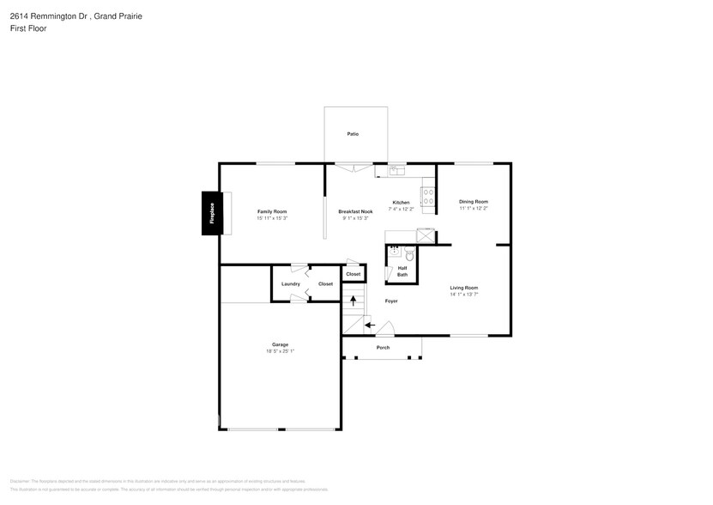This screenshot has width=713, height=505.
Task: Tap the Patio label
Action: tap(353, 134)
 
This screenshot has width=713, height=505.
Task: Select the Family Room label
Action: tap(272, 211)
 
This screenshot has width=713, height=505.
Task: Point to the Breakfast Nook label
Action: tap(355, 211)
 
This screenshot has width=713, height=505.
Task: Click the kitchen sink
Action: tap(397, 171)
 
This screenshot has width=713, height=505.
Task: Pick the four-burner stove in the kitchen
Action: tap(427, 196)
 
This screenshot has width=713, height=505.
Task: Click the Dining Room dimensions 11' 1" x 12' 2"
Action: tap(473, 208)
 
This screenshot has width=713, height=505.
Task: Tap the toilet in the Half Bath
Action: tap(409, 255)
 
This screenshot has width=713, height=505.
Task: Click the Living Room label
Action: tap(464, 288)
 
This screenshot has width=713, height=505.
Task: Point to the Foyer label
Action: tap(391, 301)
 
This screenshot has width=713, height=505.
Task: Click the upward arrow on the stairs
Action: tap(352, 301)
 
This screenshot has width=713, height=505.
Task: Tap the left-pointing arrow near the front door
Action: tap(368, 325)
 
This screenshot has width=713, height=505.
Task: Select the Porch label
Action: tap(383, 348)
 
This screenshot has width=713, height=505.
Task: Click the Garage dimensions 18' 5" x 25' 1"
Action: tap(280, 350)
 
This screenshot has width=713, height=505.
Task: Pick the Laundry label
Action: tap(290, 283)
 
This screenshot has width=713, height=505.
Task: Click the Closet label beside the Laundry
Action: tap(325, 283)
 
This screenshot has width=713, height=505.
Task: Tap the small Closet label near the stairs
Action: tap(353, 274)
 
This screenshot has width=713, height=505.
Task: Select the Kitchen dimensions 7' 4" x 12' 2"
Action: tap(401, 209)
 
